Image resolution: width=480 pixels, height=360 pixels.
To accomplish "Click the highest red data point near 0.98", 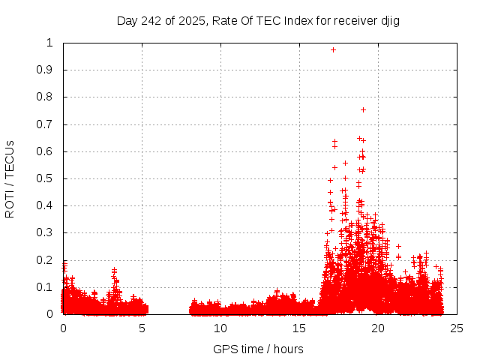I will click(333, 49).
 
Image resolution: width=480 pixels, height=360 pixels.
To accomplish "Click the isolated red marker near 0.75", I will click(363, 109).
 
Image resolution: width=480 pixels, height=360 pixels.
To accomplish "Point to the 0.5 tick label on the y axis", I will click(49, 178).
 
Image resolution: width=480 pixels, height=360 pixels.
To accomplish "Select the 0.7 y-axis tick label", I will click(49, 124).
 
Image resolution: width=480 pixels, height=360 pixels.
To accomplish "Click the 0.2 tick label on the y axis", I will click(49, 260).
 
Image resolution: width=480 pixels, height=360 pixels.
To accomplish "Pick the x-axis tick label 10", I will click(220, 328).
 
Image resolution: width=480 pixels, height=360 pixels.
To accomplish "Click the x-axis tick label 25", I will click(457, 328).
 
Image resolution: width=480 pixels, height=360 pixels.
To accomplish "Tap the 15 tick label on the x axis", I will click(299, 328).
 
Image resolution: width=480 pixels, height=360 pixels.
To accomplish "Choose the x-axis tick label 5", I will click(142, 328).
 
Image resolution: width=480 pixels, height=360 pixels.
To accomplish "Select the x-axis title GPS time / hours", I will click(258, 349).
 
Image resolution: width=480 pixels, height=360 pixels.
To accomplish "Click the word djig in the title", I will click(389, 20).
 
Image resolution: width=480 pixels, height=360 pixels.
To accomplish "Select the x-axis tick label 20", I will click(378, 328).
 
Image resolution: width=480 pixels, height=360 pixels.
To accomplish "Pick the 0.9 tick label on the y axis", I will click(49, 70).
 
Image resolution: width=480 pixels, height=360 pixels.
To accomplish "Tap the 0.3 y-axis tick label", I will click(49, 233).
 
